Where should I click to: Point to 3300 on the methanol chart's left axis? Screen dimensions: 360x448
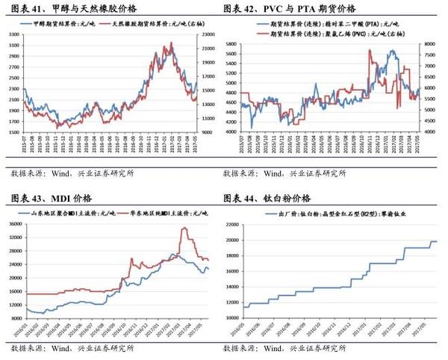[x=13, y=34]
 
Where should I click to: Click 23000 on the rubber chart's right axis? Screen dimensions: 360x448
[x=208, y=34]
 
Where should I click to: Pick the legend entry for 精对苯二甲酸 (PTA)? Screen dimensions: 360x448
[x=310, y=25]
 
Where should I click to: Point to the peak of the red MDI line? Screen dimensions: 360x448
[x=184, y=228]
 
